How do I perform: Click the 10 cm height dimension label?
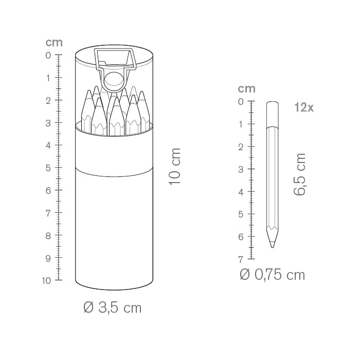[175, 166]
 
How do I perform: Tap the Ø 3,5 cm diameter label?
[112, 308]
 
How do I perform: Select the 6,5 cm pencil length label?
[300, 174]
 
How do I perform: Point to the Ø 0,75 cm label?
[272, 275]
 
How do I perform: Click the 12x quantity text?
[304, 107]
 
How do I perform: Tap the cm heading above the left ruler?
[54, 43]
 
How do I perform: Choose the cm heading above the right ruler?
[246, 88]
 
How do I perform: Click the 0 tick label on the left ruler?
[48, 56]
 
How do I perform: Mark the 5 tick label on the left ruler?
[48, 168]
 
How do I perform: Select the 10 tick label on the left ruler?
[46, 280]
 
